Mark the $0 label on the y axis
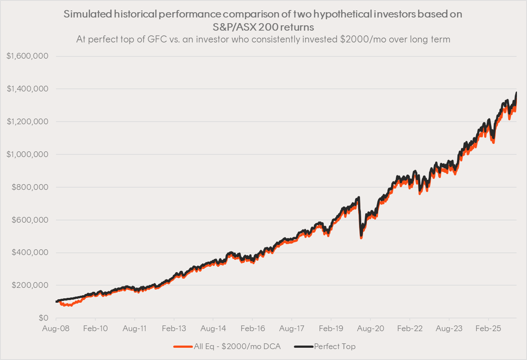43,318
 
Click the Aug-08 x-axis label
56,328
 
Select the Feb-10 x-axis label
95,328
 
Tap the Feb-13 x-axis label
174,328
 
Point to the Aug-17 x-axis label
292,328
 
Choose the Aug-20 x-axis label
370,328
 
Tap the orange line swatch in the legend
183,346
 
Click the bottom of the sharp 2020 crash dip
361,238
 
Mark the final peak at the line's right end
516,93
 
